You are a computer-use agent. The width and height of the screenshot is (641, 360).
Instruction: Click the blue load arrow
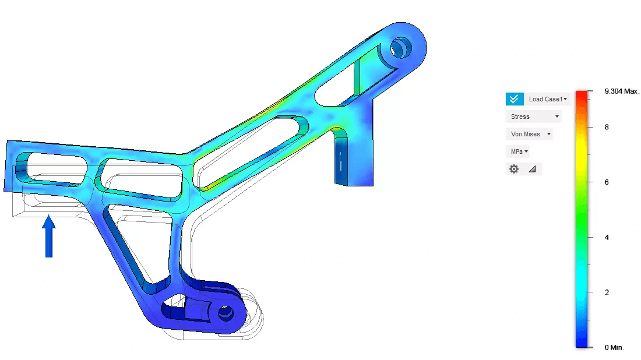click(49, 236)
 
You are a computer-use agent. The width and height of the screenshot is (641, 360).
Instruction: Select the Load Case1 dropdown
click(548, 99)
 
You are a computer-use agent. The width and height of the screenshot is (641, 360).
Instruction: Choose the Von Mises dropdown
click(529, 134)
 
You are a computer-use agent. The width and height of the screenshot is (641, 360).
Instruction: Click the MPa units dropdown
click(518, 151)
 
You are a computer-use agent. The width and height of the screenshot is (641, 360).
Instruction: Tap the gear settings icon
click(513, 169)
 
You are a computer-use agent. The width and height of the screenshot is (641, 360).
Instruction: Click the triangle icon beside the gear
click(532, 169)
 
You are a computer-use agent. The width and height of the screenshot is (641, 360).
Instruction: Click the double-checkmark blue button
click(513, 99)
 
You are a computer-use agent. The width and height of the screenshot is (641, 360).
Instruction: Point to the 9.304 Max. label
click(622, 91)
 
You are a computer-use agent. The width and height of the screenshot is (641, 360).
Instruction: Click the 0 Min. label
click(614, 347)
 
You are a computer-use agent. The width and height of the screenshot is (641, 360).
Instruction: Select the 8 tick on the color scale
click(607, 127)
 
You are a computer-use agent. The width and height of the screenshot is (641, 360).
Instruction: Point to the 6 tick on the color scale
click(607, 182)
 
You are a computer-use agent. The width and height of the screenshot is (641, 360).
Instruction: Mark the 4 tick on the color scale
click(607, 237)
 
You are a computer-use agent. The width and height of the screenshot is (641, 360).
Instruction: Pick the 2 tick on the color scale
click(607, 292)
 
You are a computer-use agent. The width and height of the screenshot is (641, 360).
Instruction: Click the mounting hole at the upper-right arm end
click(400, 47)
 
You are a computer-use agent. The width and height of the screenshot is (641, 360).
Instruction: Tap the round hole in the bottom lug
click(225, 314)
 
